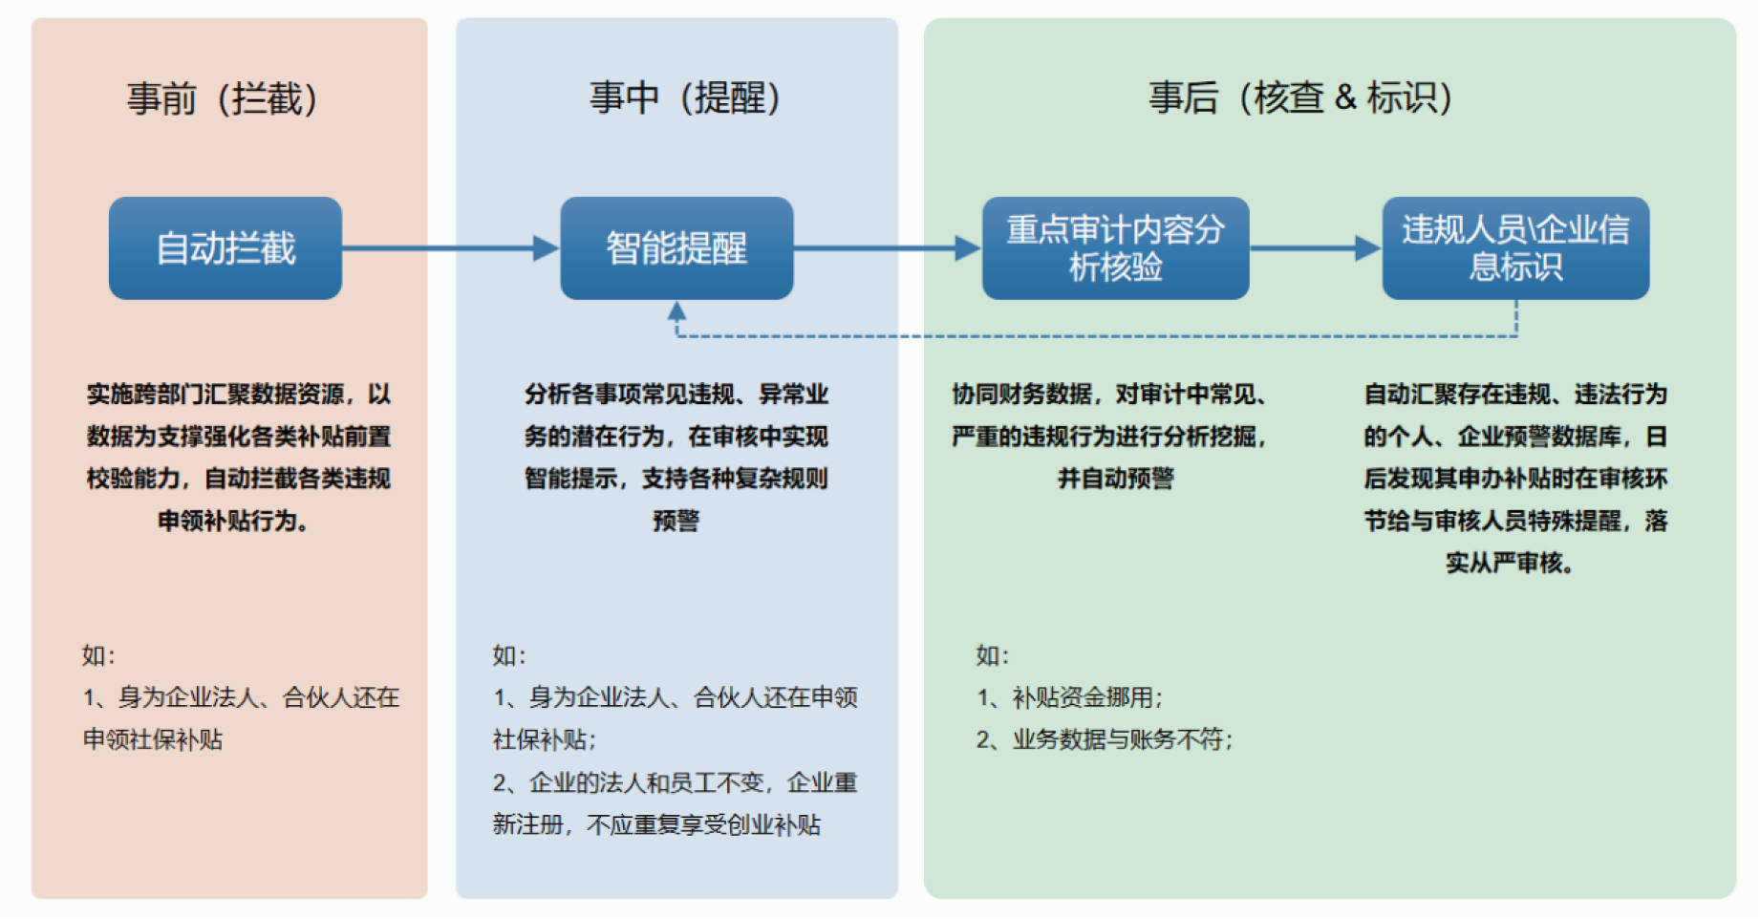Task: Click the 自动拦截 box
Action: [x=225, y=248]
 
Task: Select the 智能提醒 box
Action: [x=676, y=248]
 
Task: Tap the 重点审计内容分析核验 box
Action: [x=1116, y=248]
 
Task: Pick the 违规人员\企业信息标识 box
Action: [x=1515, y=248]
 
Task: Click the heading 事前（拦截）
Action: [x=223, y=98]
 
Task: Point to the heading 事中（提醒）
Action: [x=685, y=97]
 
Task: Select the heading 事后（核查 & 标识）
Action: [x=1300, y=97]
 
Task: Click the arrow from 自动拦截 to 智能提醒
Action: [x=451, y=248]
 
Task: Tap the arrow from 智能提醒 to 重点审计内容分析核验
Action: [x=888, y=248]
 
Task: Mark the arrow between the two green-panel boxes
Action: [x=1316, y=248]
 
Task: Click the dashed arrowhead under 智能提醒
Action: [x=676, y=310]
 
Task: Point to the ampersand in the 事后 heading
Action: [x=1345, y=97]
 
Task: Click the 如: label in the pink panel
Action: [x=98, y=655]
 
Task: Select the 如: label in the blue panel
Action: [x=509, y=655]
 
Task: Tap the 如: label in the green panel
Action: [x=993, y=655]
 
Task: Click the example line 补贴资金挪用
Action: [x=1070, y=697]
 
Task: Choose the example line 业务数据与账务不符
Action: [x=1105, y=739]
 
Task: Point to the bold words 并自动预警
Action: [x=1115, y=479]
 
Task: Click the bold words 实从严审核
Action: [x=1510, y=563]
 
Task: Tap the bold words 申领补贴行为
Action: [x=233, y=521]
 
